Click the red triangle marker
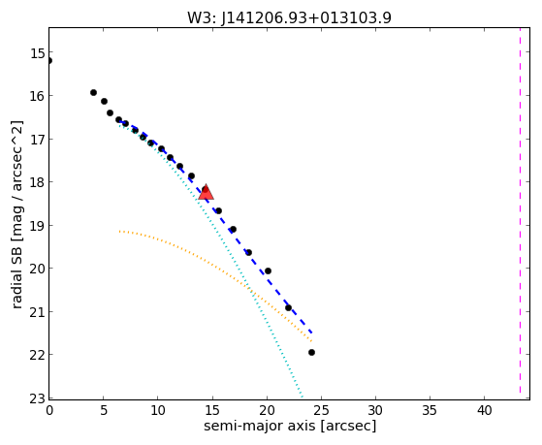pyautogui.click(x=206, y=192)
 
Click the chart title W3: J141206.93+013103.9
pyautogui.click(x=289, y=18)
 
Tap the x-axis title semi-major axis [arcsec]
pyautogui.click(x=290, y=426)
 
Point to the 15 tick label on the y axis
pyautogui.click(x=37, y=53)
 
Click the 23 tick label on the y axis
pyautogui.click(x=37, y=398)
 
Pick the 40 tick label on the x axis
pyautogui.click(x=484, y=410)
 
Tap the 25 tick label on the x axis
pyautogui.click(x=321, y=410)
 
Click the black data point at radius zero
pyautogui.click(x=49, y=61)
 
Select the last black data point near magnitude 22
pyautogui.click(x=311, y=352)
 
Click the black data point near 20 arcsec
pyautogui.click(x=268, y=270)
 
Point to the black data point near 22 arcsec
pyautogui.click(x=288, y=307)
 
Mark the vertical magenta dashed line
pyautogui.click(x=520, y=211)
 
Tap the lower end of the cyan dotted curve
pyautogui.click(x=303, y=397)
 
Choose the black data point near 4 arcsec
pyautogui.click(x=93, y=92)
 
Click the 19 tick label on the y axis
pyautogui.click(x=37, y=226)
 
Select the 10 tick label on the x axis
pyautogui.click(x=158, y=410)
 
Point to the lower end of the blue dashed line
pyautogui.click(x=312, y=333)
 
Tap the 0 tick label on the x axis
pyautogui.click(x=49, y=410)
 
